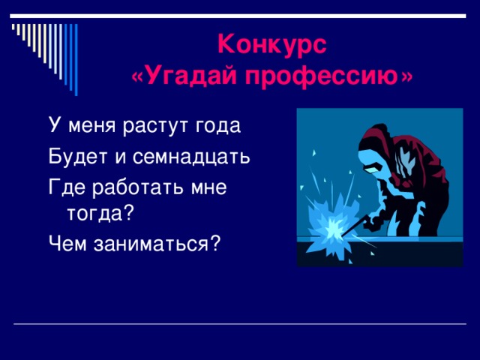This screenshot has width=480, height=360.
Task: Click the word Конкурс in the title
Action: [272, 45]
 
